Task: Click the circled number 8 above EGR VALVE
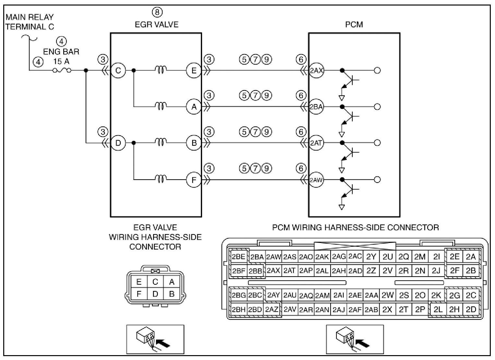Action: click(157, 12)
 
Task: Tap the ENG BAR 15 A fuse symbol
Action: click(62, 70)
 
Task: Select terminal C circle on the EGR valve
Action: click(118, 70)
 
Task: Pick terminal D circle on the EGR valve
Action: click(118, 143)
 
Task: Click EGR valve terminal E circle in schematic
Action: click(194, 70)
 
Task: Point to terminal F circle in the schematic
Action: click(194, 180)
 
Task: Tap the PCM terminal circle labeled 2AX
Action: click(316, 70)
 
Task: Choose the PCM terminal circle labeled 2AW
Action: click(316, 180)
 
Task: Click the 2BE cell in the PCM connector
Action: click(238, 257)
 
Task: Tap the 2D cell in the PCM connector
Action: click(471, 310)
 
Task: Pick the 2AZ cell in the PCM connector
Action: click(272, 310)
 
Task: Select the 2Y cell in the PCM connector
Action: click(371, 257)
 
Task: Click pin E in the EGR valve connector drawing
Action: click(139, 282)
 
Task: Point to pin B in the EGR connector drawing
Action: click(172, 294)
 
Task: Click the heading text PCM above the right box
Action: click(354, 25)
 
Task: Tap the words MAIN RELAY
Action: click(30, 17)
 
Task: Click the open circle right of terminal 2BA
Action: click(378, 107)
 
